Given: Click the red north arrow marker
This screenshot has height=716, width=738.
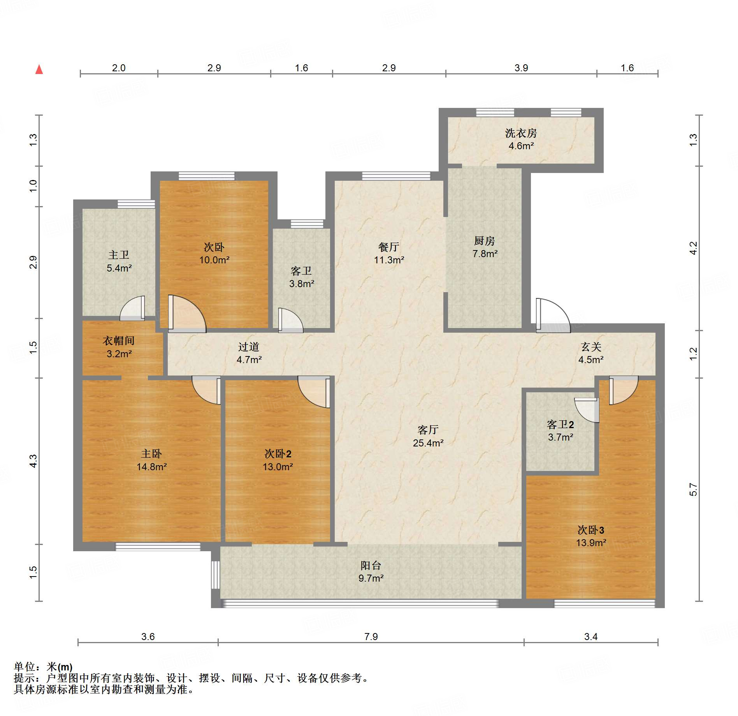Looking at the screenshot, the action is click(39, 69).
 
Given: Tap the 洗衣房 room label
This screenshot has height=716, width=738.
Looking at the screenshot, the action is click(521, 133).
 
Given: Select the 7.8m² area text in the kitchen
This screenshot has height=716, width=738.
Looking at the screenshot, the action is click(485, 254).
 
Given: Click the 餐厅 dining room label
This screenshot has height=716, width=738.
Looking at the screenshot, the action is click(388, 247).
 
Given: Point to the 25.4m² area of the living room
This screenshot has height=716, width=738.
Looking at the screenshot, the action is click(428, 443).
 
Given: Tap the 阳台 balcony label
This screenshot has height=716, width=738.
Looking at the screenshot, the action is click(371, 565).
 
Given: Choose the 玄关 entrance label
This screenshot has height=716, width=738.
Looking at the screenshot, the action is click(591, 347).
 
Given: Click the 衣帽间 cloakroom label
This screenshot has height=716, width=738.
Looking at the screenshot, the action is click(119, 341).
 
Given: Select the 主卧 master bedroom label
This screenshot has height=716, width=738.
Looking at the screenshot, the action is click(151, 453).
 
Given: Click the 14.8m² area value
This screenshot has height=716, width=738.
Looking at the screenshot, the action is click(152, 467).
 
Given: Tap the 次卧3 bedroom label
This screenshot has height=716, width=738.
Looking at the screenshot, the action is click(591, 530).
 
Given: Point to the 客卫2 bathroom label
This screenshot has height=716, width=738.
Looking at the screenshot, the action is click(561, 424).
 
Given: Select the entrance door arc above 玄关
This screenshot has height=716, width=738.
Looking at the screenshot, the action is click(553, 315).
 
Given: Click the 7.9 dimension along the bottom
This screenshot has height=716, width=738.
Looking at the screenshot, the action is click(371, 637).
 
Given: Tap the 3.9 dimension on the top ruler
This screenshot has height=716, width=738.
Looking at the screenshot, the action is click(521, 68).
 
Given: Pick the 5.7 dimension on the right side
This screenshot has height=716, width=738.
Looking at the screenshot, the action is click(693, 489).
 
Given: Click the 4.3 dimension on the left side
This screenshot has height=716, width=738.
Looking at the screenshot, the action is click(33, 461).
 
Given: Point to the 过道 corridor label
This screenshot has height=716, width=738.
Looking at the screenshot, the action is click(249, 347).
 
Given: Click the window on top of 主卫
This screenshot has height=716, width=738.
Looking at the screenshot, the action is click(136, 204).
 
